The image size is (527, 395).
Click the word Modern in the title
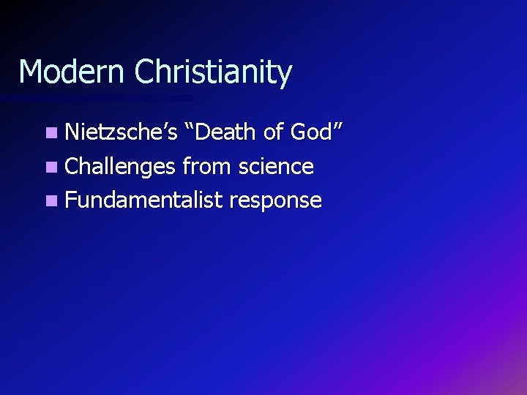click(x=72, y=72)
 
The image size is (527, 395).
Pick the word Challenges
click(x=121, y=168)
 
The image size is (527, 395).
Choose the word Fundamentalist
click(x=143, y=200)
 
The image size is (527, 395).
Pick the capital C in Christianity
click(x=146, y=72)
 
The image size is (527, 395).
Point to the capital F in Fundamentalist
click(x=70, y=200)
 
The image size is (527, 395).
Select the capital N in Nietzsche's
click(x=72, y=133)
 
